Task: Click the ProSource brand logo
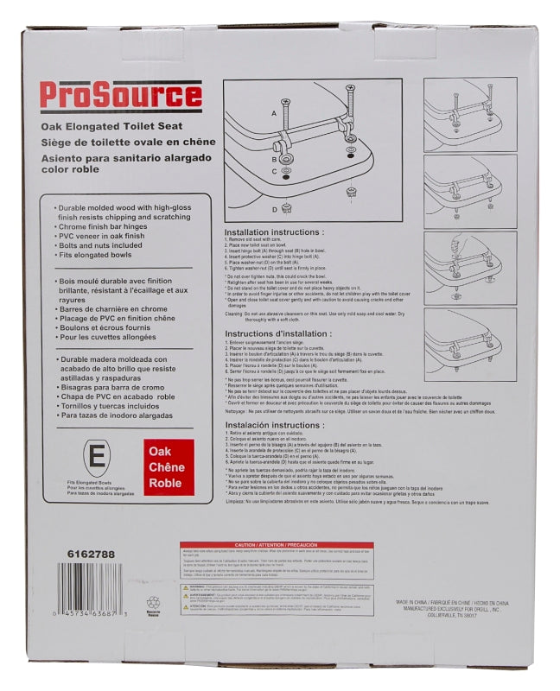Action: [121, 96]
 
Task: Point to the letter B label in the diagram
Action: [274, 160]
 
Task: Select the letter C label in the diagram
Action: [274, 171]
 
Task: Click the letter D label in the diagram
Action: [274, 208]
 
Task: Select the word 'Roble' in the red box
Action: [164, 483]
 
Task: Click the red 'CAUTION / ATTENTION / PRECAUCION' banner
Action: [277, 545]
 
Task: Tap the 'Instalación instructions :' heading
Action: [277, 425]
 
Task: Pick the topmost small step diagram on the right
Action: [470, 114]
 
